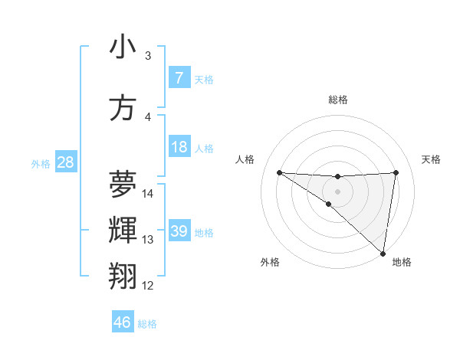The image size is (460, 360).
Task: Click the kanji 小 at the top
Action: tap(123, 47)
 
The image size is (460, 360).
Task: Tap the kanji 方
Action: tap(123, 107)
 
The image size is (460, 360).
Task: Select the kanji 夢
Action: tap(123, 182)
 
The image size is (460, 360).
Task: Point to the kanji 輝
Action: tap(123, 229)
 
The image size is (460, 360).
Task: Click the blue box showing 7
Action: tap(179, 78)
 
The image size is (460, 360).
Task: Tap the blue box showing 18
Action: tap(179, 148)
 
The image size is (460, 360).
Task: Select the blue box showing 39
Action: tap(179, 231)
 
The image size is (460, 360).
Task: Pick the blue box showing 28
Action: tap(65, 162)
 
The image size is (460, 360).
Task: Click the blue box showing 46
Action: tap(123, 322)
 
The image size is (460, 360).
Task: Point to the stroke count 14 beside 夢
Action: tap(148, 193)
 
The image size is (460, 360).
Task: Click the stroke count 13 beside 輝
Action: tap(148, 240)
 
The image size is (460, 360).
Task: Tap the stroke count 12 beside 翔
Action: tap(148, 286)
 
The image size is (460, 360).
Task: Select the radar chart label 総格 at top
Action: tap(337, 100)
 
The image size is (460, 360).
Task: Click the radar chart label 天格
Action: tap(432, 159)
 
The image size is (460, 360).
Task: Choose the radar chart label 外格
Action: tap(270, 262)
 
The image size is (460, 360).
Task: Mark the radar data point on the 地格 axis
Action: tap(383, 254)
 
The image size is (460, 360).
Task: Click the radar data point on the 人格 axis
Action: tap(279, 172)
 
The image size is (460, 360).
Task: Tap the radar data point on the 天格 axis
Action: tap(396, 172)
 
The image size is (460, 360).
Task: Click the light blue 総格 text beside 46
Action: tap(147, 324)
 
